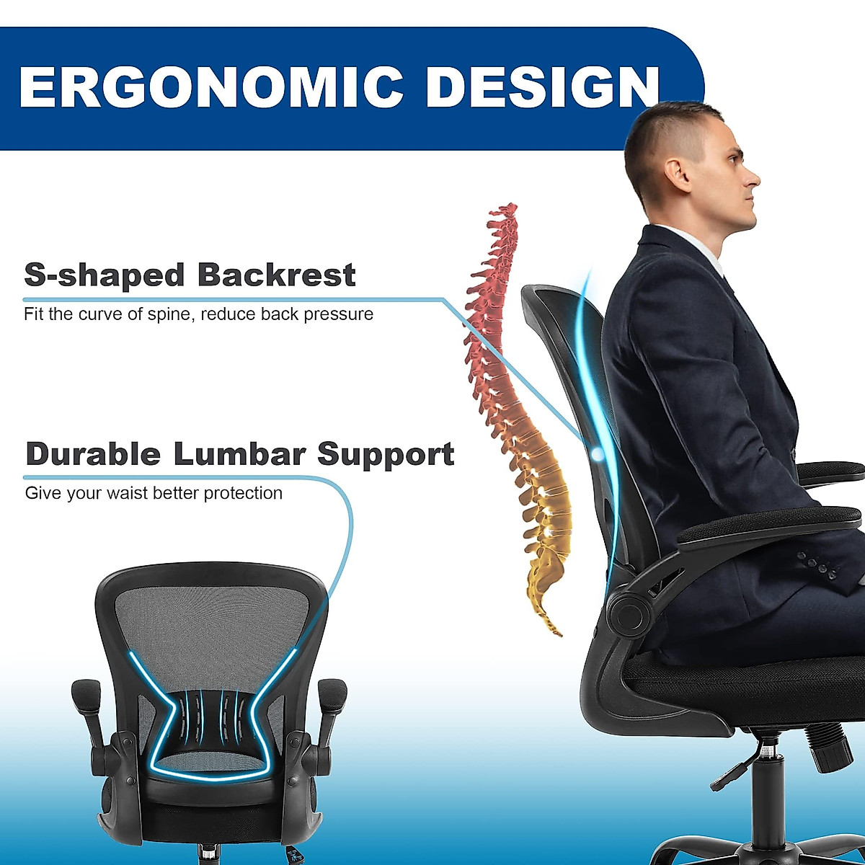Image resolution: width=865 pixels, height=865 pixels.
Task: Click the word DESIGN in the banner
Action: (x=542, y=86)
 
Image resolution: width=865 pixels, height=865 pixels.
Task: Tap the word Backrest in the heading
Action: (x=276, y=275)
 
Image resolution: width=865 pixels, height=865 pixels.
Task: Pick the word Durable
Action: (x=93, y=454)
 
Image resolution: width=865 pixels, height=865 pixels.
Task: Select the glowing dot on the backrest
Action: (x=598, y=453)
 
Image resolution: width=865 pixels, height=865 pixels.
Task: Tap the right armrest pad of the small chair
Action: (x=334, y=696)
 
